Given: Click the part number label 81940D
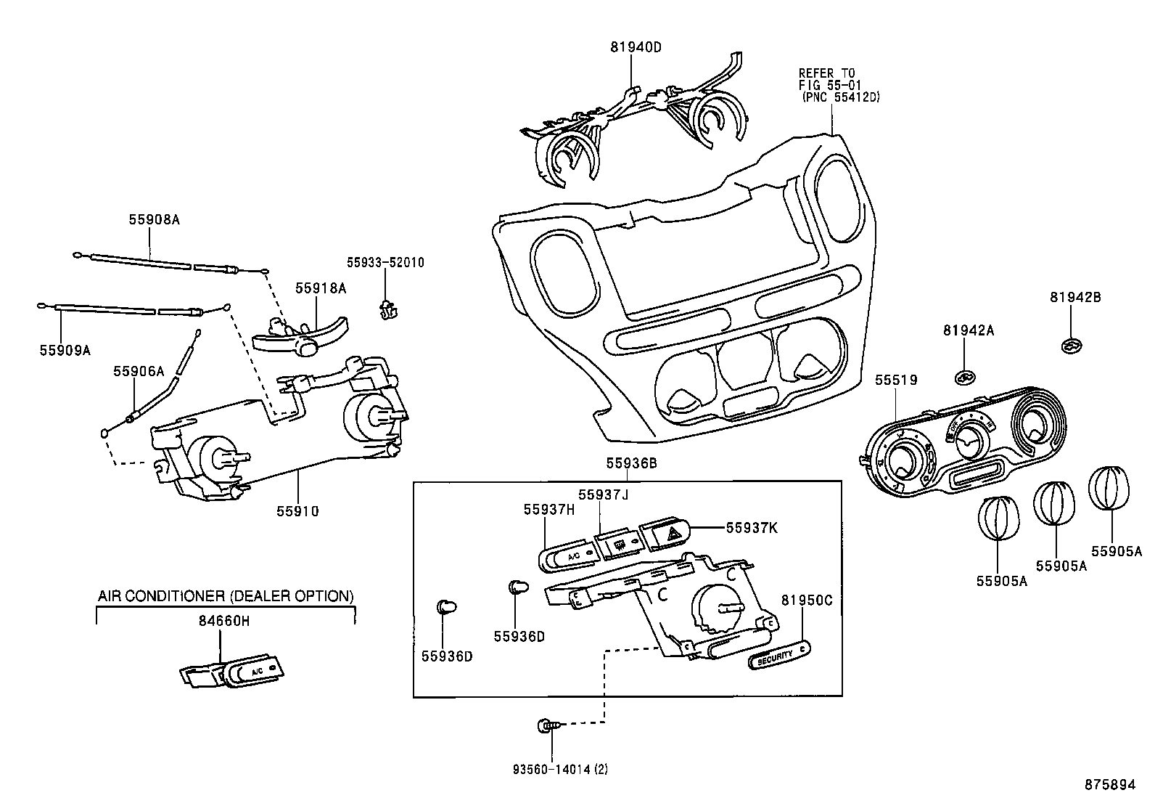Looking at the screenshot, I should coord(636,47).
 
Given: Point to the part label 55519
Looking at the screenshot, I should coord(895,380).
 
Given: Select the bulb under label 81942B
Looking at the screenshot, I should coord(1069,347).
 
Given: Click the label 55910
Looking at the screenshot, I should coord(297,511).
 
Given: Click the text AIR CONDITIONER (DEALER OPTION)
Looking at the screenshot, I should coord(226,596).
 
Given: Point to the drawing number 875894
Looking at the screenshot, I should coord(1109,785).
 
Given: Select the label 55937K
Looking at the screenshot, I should coord(752,528).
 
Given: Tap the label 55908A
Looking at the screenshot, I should coord(154,219).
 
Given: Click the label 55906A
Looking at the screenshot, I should coord(138,371).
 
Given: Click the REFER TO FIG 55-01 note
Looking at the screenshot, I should coord(839,85).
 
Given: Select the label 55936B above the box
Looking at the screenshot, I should coord(631,463).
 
